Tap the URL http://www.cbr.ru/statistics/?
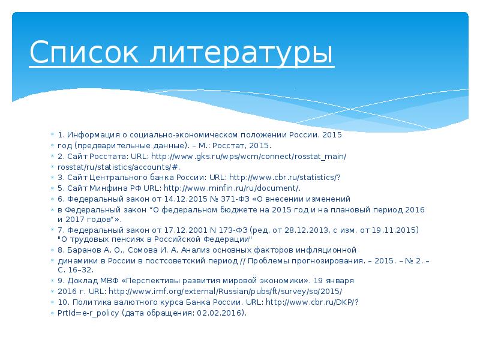[285, 177]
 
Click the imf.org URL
[229, 291]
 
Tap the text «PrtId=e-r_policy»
[89, 313]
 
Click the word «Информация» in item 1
[88, 135]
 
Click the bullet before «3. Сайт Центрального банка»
[53, 178]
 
